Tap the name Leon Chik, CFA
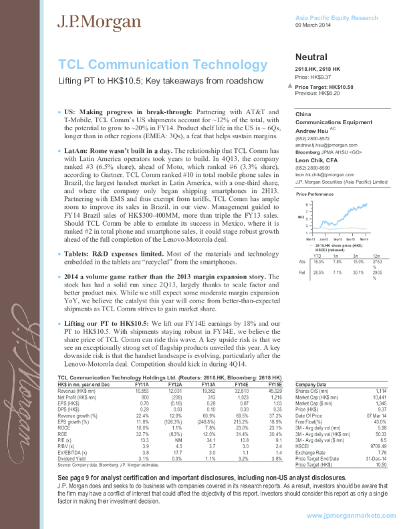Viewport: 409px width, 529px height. coord(317,160)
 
